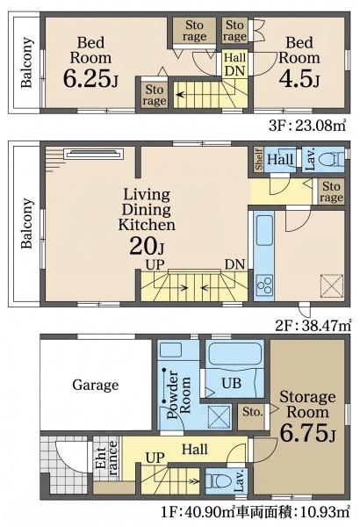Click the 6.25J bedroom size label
pos(90,79)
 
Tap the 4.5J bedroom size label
pos(299,79)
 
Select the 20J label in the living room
pos(147,246)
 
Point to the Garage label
pos(96,385)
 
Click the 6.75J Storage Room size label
pos(307,433)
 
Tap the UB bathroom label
pos(232,383)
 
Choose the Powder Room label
pos(179,393)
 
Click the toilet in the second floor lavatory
pos(331,159)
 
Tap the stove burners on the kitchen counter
pos(264,285)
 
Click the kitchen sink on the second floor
pos(264,230)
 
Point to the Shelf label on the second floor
pos(259,159)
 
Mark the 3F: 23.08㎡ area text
pos(307,126)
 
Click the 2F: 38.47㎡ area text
pos(313,325)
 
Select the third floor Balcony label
pos(27,63)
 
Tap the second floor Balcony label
pos(27,223)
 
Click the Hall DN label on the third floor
pos(234,64)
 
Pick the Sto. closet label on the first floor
pos(252,411)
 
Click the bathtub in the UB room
pos(234,354)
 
